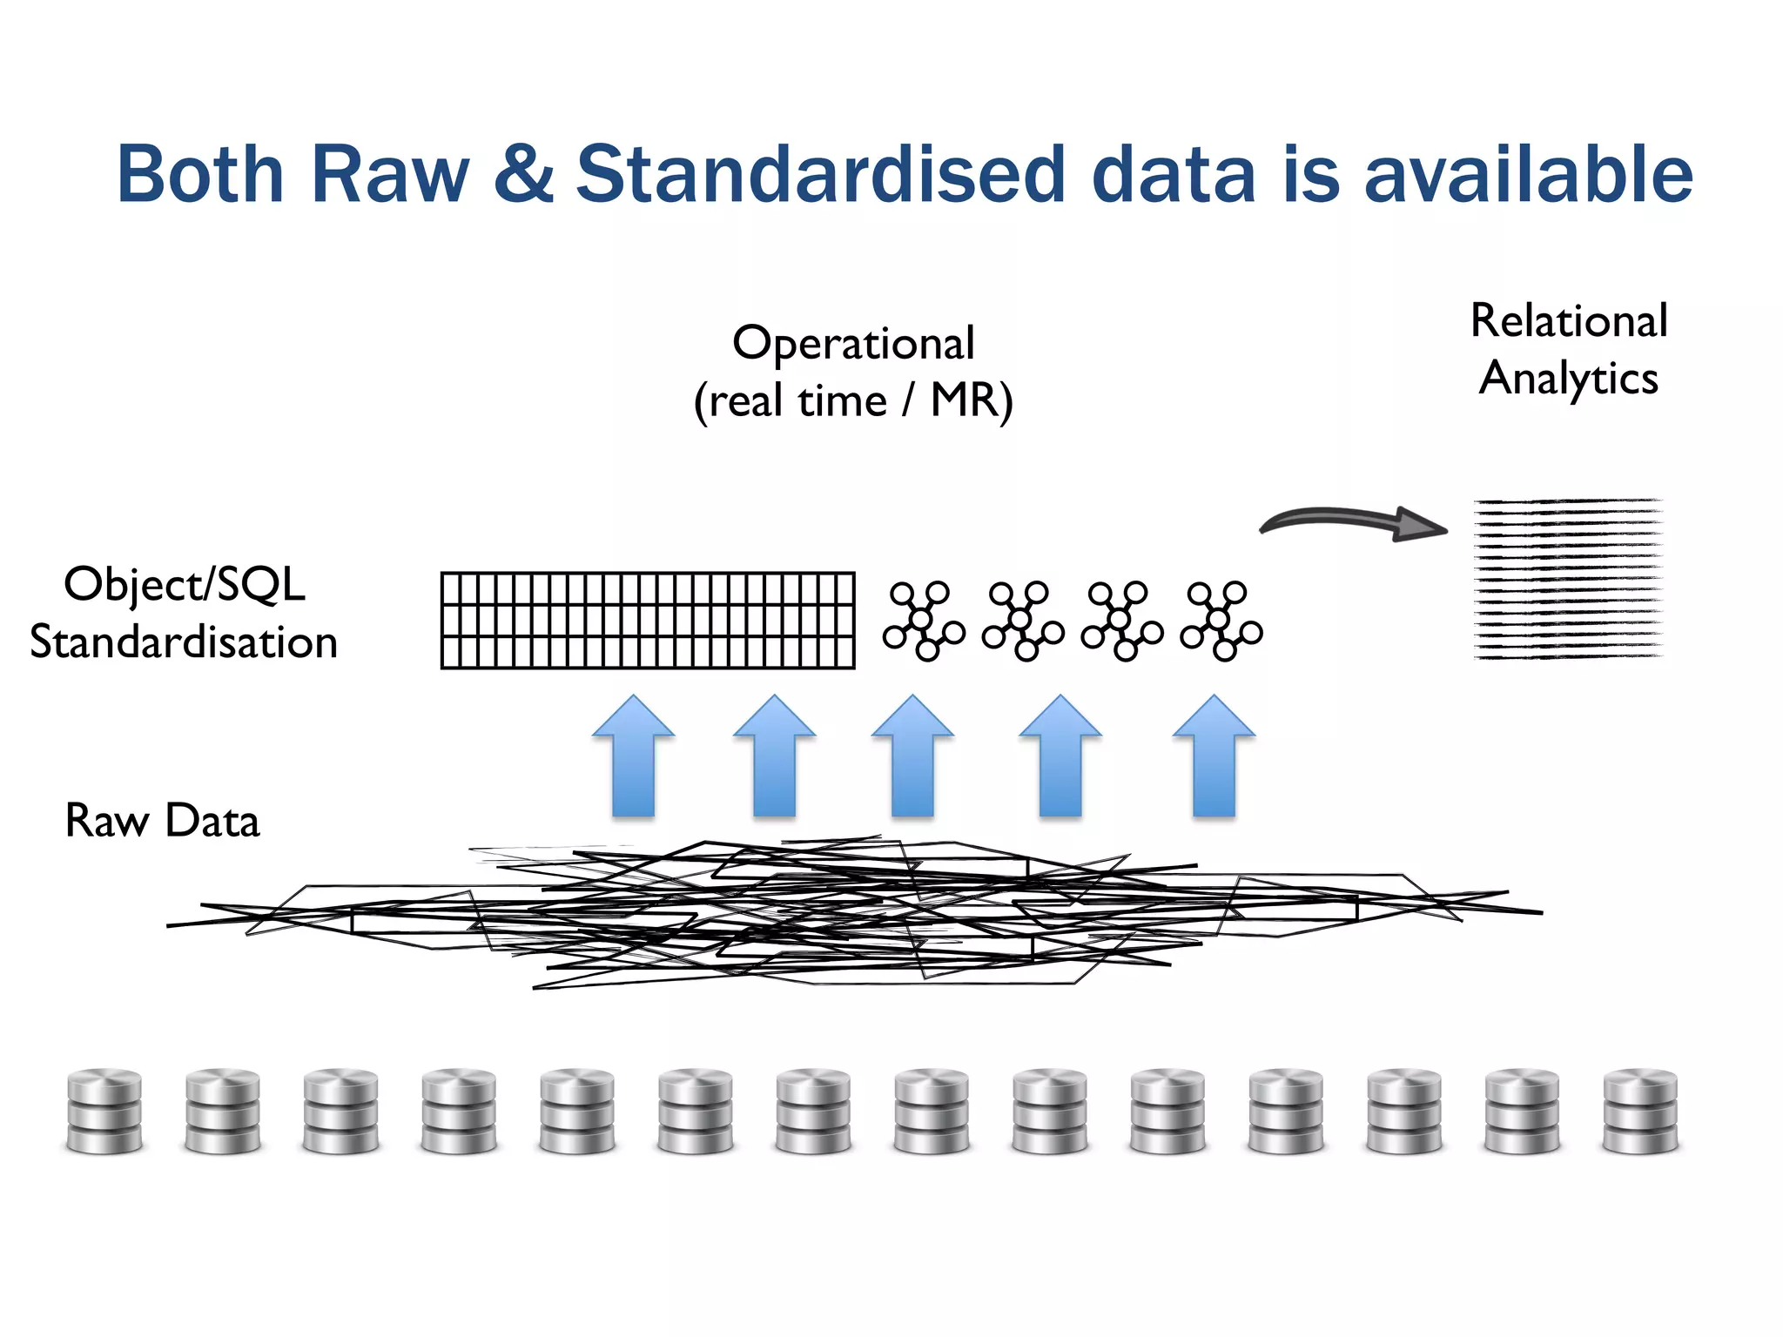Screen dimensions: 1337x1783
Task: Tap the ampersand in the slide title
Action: coord(523,174)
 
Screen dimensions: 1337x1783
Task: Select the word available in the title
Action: coord(1528,174)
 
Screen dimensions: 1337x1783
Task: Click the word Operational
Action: coord(853,344)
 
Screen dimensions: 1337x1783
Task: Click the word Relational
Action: coord(1569,320)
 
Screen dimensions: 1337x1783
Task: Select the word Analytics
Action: coord(1569,379)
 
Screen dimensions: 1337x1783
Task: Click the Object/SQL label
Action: coord(185,584)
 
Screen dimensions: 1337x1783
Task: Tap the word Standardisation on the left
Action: coord(184,642)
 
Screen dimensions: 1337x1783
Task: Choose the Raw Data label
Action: coord(163,820)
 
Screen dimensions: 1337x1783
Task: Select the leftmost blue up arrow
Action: coord(633,756)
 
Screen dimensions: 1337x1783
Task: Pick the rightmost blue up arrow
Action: coord(1214,756)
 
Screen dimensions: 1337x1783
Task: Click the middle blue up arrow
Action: coord(912,756)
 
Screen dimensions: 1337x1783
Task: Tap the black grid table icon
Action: coord(648,620)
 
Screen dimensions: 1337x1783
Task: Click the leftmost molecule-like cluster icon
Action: coord(924,621)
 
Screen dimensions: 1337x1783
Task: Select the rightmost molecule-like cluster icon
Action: coord(1221,621)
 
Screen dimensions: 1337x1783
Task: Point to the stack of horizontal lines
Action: coord(1568,578)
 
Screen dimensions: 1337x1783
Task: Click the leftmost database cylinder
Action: coord(104,1112)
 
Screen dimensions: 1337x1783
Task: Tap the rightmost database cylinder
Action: coord(1640,1112)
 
